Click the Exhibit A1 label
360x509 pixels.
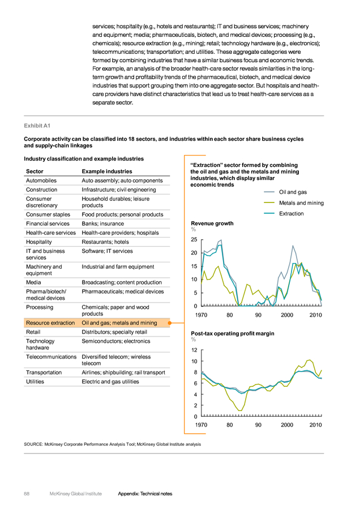[x=37, y=126]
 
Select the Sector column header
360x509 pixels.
[x=35, y=171]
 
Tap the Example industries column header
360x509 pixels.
[x=107, y=171]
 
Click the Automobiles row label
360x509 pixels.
[x=41, y=180]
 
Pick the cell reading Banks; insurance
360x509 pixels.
[x=102, y=223]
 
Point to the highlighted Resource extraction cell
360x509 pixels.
[x=50, y=323]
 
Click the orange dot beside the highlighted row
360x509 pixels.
[x=170, y=323]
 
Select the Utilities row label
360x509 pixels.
[x=35, y=382]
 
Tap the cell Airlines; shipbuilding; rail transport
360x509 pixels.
[x=123, y=373]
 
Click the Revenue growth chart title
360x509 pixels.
[x=212, y=223]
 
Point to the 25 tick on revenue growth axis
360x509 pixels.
[x=194, y=240]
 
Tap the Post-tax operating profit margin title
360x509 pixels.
[x=233, y=333]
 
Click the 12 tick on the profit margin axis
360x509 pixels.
[x=194, y=350]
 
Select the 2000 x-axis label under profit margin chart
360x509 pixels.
[x=287, y=425]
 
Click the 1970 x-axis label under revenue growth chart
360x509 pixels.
[x=201, y=315]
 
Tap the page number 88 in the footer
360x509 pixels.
[x=27, y=494]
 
